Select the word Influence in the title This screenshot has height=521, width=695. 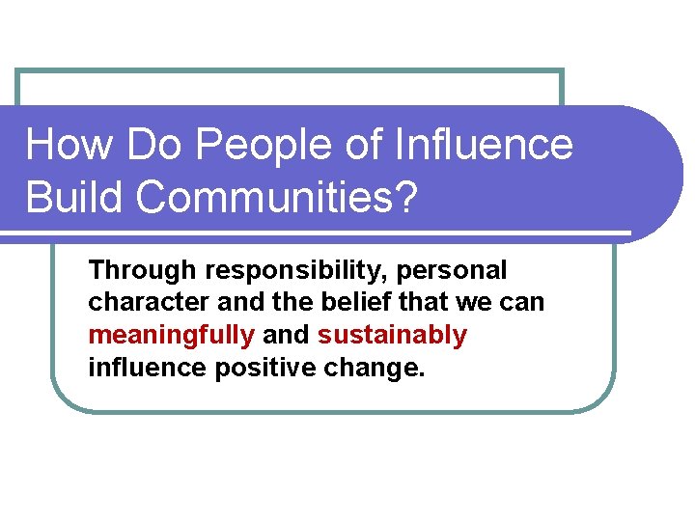pos(485,145)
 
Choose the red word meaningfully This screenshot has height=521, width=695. pos(171,335)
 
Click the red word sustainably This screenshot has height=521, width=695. pos(392,335)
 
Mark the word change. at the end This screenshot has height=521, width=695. pos(375,368)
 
